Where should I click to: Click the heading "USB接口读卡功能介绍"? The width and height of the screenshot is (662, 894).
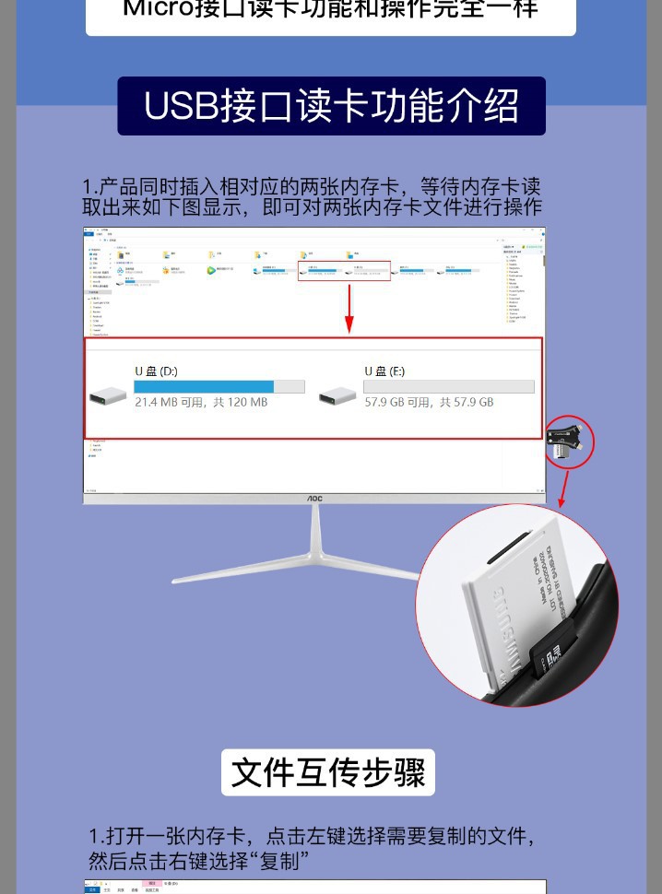[x=331, y=107]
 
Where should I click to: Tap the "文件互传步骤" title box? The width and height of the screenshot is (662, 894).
[x=327, y=772]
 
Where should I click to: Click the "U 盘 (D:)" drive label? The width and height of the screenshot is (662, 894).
[x=156, y=371]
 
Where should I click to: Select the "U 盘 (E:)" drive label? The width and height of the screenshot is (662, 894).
[x=384, y=371]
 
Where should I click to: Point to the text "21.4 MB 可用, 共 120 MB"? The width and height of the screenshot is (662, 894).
[x=201, y=403]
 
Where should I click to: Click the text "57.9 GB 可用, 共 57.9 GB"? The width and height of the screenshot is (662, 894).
[x=429, y=403]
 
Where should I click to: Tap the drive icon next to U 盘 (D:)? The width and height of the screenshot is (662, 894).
[x=108, y=396]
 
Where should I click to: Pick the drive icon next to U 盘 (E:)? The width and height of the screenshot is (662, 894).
[x=337, y=396]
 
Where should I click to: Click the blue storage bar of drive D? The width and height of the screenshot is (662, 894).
[x=204, y=387]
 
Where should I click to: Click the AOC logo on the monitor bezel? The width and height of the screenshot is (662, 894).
[x=314, y=499]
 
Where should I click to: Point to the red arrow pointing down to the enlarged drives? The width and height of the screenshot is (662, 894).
[x=349, y=310]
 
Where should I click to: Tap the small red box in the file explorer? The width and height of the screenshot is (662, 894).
[x=345, y=271]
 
